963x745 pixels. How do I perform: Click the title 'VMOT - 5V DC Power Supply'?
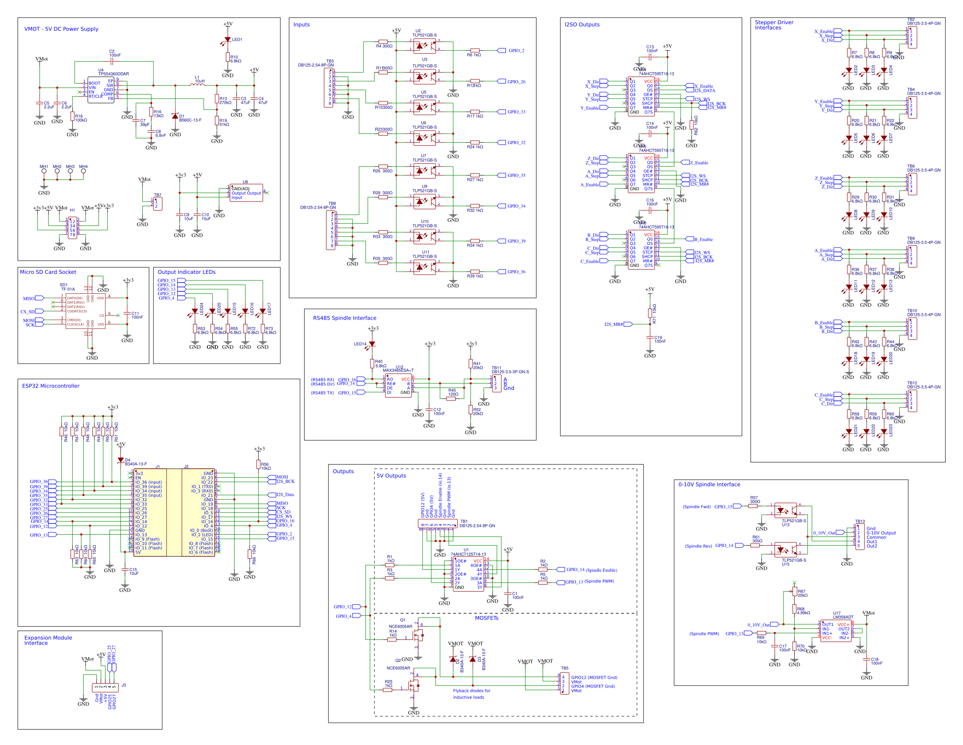(x=61, y=29)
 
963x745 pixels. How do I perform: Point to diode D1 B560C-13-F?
(x=175, y=116)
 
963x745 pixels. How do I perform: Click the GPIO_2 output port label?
(x=516, y=51)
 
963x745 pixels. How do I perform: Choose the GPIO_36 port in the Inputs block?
(x=516, y=272)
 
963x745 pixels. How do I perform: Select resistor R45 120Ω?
(x=451, y=399)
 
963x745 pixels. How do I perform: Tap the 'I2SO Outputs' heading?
(x=581, y=25)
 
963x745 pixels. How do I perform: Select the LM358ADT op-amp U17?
(x=836, y=631)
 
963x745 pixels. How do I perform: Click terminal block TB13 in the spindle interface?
(x=859, y=537)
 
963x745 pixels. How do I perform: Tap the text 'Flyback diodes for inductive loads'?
(x=471, y=694)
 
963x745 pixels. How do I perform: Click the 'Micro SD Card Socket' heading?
(x=48, y=272)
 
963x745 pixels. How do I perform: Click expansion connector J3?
(x=105, y=687)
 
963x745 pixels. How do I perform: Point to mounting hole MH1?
(x=44, y=171)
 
